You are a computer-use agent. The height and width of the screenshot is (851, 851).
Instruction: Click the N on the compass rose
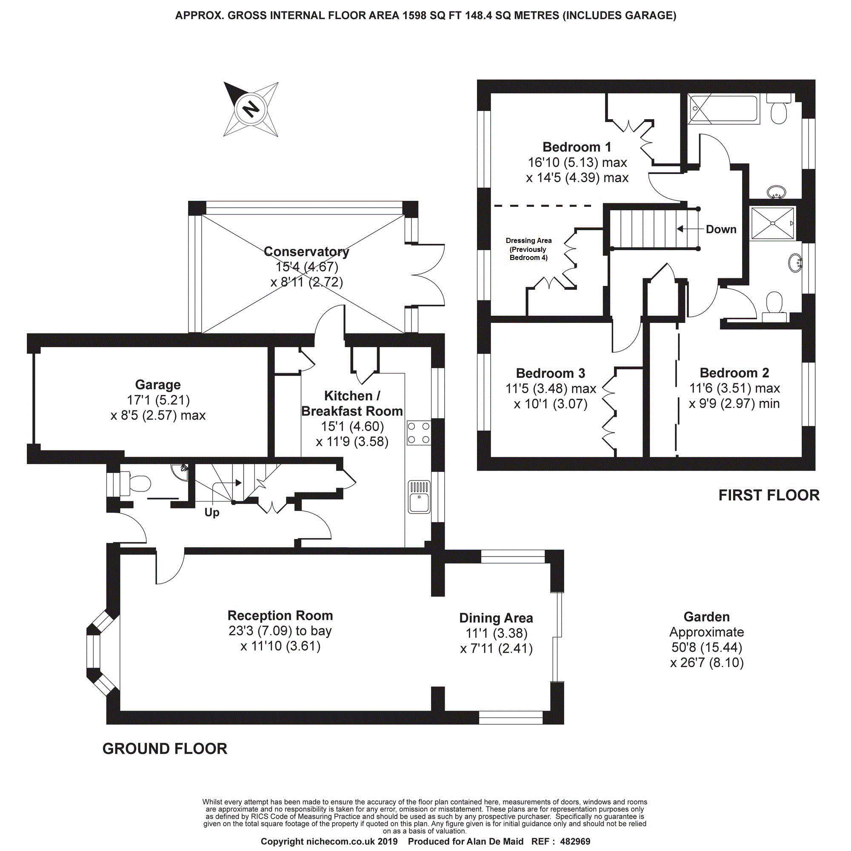251,109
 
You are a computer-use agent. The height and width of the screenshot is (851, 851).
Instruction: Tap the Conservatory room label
306,251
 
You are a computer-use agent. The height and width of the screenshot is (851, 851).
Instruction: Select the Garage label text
158,385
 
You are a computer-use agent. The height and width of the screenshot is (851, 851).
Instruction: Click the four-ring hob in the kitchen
418,433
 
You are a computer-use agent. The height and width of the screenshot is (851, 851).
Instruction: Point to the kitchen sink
419,497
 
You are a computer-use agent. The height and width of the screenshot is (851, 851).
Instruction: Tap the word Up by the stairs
212,512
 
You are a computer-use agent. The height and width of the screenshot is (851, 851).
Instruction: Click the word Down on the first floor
721,229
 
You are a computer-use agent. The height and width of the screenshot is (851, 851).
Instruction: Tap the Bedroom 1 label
577,147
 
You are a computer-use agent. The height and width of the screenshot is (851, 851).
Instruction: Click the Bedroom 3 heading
551,373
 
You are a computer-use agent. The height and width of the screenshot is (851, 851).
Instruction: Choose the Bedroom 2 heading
734,373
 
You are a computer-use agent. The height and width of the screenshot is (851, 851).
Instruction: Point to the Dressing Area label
528,249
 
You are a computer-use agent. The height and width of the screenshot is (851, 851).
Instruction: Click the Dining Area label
496,618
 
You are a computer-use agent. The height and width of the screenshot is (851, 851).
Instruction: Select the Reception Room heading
280,615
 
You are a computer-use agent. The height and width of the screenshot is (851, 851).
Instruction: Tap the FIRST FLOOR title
769,495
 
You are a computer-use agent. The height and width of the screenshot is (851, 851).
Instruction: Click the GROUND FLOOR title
165,749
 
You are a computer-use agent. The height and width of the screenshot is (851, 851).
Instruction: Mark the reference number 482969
575,842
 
